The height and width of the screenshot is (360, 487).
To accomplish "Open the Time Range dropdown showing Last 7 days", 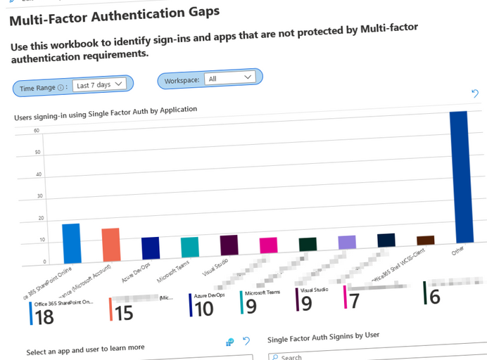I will pyautogui.click(x=99, y=85).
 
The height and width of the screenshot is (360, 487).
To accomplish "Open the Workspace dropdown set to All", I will pyautogui.click(x=229, y=78).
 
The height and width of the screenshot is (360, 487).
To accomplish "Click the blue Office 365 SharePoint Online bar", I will pyautogui.click(x=71, y=243).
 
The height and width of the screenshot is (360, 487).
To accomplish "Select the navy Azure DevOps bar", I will pyautogui.click(x=151, y=248).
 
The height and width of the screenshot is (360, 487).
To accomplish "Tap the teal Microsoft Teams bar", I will pyautogui.click(x=190, y=247).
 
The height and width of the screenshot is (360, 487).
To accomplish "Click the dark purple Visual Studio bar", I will pyautogui.click(x=229, y=245).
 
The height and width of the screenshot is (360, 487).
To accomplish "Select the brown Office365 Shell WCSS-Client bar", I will pyautogui.click(x=425, y=240).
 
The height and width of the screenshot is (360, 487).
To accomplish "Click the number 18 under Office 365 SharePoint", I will pyautogui.click(x=44, y=317).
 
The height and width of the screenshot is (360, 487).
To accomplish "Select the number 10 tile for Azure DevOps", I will pyautogui.click(x=204, y=308).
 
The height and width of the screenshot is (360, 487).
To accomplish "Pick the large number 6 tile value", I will pyautogui.click(x=434, y=297).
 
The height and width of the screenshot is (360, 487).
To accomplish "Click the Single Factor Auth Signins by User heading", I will pyautogui.click(x=323, y=337).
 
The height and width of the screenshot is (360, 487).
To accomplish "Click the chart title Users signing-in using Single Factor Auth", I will pyautogui.click(x=106, y=114).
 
